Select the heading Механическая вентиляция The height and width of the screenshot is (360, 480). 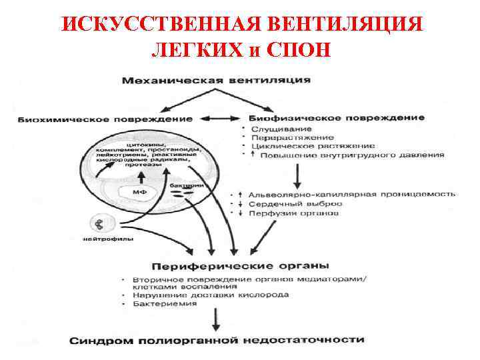[215, 81]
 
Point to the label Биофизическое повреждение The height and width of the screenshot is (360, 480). [337, 117]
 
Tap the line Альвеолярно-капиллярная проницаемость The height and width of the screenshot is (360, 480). [351, 195]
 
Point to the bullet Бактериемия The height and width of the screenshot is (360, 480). [165, 303]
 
